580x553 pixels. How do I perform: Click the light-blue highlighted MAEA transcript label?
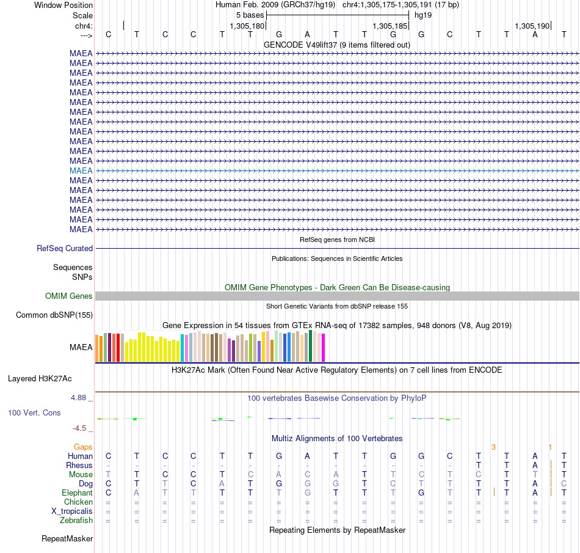81,170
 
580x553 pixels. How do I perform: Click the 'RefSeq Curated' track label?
65,248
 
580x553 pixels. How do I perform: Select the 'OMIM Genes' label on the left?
69,296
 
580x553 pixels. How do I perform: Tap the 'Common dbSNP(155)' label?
54,315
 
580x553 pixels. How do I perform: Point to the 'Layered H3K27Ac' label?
40,379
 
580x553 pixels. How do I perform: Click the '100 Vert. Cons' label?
34,412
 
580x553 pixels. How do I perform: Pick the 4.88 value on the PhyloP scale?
78,398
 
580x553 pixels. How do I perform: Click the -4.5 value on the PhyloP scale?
79,428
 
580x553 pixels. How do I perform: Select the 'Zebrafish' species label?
76,520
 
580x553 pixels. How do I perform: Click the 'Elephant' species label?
78,493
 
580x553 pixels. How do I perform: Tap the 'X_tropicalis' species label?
72,511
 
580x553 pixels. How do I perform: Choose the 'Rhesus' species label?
79,465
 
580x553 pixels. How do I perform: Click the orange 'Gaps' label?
83,447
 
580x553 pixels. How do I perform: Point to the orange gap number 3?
493,447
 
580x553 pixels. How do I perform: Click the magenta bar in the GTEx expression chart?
324,348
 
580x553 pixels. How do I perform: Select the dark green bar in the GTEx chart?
311,346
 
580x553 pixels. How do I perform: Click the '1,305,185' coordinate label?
390,26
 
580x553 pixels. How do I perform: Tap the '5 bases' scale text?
250,15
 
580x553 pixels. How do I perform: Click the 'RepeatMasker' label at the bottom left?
67,538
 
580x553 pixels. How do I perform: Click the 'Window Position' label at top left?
63,5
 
